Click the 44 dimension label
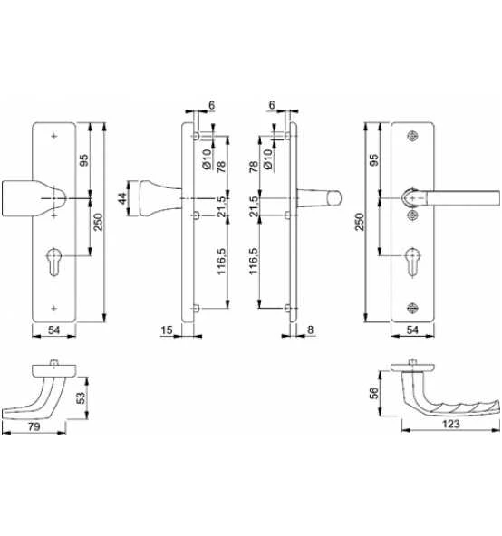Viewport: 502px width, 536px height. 122,198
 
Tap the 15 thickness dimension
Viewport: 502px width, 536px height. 167,330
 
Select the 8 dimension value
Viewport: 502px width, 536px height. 310,330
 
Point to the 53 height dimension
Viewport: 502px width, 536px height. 82,397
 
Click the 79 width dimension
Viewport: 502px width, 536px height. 34,426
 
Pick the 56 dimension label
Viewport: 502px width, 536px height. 374,393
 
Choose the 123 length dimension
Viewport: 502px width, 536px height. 450,424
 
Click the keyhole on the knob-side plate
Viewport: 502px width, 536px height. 54,262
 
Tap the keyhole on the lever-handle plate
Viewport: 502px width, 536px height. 412,263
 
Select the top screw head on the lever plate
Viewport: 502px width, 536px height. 413,137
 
